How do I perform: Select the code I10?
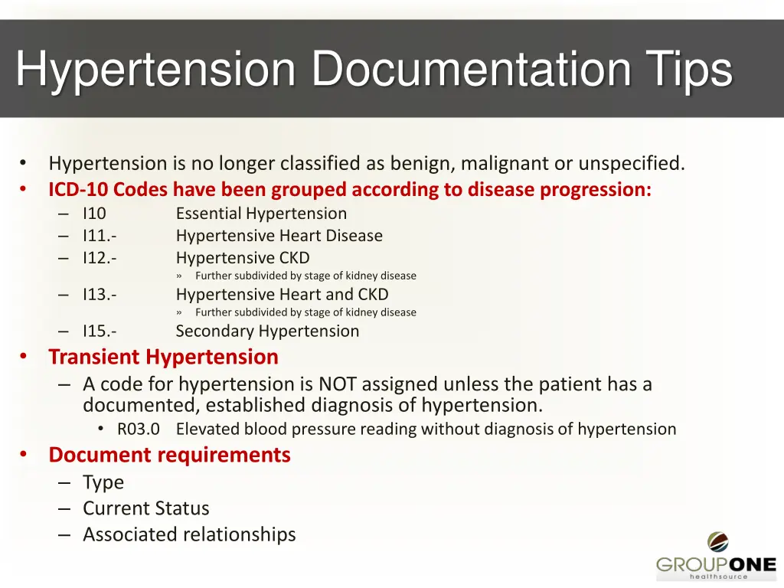pyautogui.click(x=94, y=214)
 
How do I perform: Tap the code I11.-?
pyautogui.click(x=100, y=236)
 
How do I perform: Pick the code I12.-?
pyautogui.click(x=100, y=258)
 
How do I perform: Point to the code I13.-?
pyautogui.click(x=100, y=295)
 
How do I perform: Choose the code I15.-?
pyautogui.click(x=100, y=332)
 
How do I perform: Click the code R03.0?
pyautogui.click(x=138, y=430)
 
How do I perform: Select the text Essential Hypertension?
pyautogui.click(x=261, y=214)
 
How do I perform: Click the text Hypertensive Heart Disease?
pyautogui.click(x=279, y=236)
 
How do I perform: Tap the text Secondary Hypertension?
pyautogui.click(x=267, y=332)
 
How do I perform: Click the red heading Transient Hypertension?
pyautogui.click(x=163, y=357)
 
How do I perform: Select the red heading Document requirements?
pyautogui.click(x=169, y=455)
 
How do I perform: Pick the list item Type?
pyautogui.click(x=103, y=482)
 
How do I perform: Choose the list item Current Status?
pyautogui.click(x=145, y=508)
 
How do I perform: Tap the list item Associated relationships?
pyautogui.click(x=189, y=534)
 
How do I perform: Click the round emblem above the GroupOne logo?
pyautogui.click(x=717, y=542)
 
